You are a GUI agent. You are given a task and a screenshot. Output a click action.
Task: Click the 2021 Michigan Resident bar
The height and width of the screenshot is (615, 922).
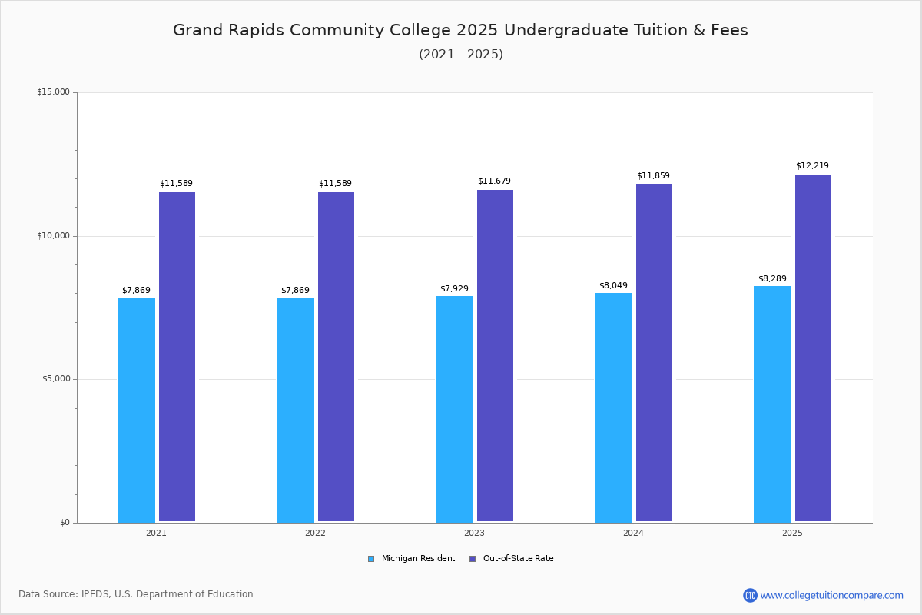tap(136, 410)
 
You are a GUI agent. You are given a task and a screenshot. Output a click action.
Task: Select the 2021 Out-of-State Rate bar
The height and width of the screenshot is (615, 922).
tap(177, 357)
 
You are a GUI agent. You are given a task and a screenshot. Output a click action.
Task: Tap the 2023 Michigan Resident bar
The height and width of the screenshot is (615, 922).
tap(454, 409)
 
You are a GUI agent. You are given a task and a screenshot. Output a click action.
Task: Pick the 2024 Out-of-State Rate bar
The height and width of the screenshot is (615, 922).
tap(654, 353)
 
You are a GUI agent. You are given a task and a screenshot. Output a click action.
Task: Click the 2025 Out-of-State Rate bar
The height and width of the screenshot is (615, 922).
tap(813, 347)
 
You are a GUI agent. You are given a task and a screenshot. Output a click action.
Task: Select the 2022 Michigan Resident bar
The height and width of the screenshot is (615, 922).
tap(295, 410)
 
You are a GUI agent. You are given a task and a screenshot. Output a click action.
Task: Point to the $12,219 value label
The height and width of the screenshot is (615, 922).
tap(812, 166)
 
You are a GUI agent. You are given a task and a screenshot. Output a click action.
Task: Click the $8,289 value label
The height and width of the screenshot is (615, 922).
tap(772, 279)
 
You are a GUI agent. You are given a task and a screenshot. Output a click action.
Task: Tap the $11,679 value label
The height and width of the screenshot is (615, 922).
tap(494, 181)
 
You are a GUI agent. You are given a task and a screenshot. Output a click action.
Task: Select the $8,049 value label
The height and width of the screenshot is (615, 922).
tap(613, 286)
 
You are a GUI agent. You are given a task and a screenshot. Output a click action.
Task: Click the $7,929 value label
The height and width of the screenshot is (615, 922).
tap(454, 289)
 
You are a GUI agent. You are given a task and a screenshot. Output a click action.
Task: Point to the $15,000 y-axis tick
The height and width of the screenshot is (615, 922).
tap(53, 92)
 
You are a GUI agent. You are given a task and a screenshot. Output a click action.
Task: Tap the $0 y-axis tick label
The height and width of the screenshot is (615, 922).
tap(65, 523)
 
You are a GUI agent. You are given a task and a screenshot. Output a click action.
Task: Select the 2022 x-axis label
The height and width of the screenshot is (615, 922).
tap(315, 533)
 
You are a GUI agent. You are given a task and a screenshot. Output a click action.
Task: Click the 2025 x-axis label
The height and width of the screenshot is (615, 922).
tap(792, 533)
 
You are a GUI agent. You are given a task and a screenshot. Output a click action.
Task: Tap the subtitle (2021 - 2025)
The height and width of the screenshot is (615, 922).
tap(461, 55)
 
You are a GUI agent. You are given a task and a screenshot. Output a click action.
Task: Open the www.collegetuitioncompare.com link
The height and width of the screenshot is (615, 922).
tap(831, 595)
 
